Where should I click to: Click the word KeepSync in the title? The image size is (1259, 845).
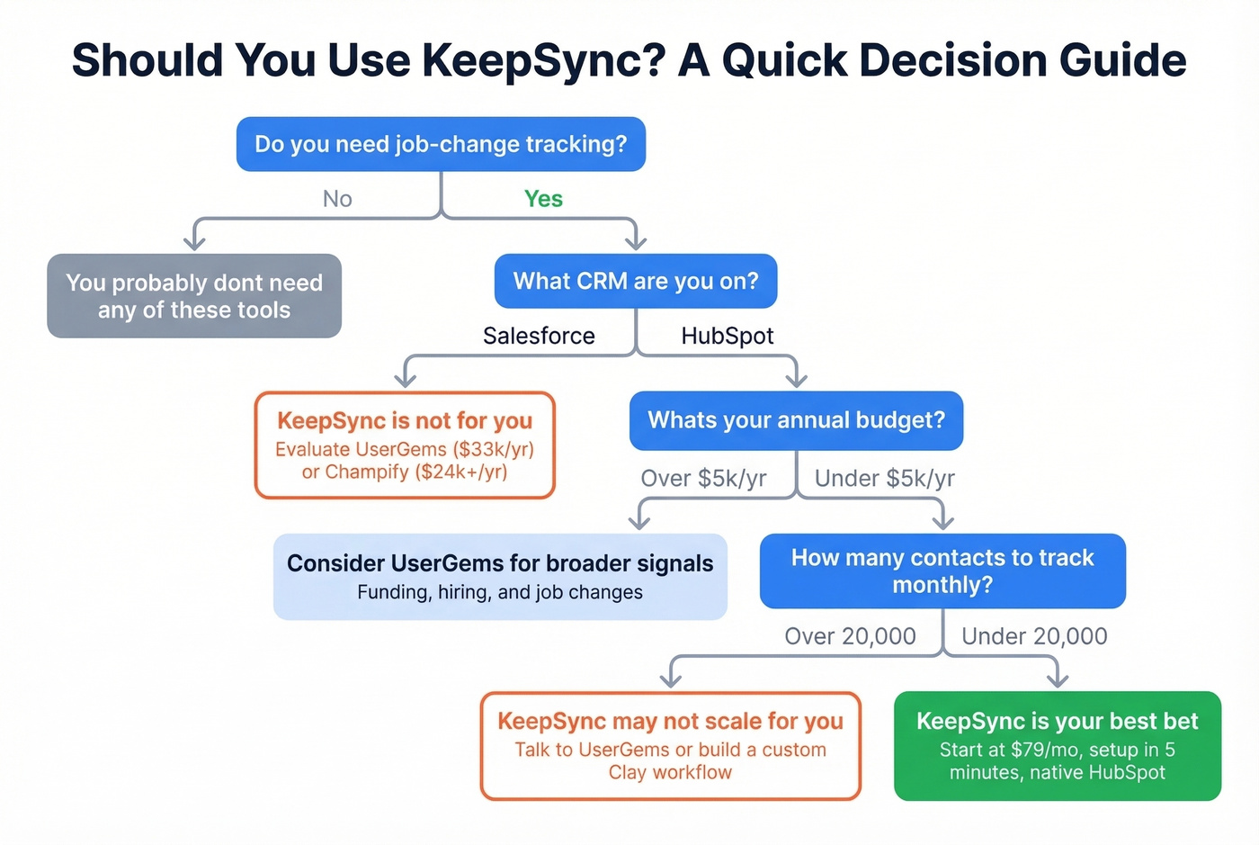point(543,61)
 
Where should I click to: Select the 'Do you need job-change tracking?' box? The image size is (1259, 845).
point(441,144)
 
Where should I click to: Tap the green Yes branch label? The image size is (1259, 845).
point(543,199)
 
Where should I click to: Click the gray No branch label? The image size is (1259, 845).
point(337,199)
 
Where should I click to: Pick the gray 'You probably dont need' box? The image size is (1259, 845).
point(194,296)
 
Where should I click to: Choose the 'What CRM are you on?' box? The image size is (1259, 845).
point(636,282)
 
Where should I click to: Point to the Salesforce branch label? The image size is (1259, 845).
point(539,336)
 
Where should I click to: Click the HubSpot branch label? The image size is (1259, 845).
point(727,336)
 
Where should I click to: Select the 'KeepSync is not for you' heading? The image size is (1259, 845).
point(405,420)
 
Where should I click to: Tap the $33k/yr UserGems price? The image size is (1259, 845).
point(494,449)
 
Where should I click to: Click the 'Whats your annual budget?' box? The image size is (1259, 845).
point(796,420)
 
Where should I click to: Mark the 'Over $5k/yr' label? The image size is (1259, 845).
point(703,478)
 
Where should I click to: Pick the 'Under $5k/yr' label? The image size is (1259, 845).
point(884,478)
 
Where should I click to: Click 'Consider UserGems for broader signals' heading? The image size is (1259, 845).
point(500,563)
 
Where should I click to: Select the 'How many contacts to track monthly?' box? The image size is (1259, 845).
point(942,571)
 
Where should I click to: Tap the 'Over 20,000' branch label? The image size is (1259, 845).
point(850,636)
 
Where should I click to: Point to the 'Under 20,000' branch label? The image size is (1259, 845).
point(1034,636)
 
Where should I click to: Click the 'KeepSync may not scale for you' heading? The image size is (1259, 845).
point(670,721)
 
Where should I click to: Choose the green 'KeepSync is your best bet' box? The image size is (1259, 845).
point(1058,746)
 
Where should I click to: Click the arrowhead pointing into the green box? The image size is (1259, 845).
point(1058,680)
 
